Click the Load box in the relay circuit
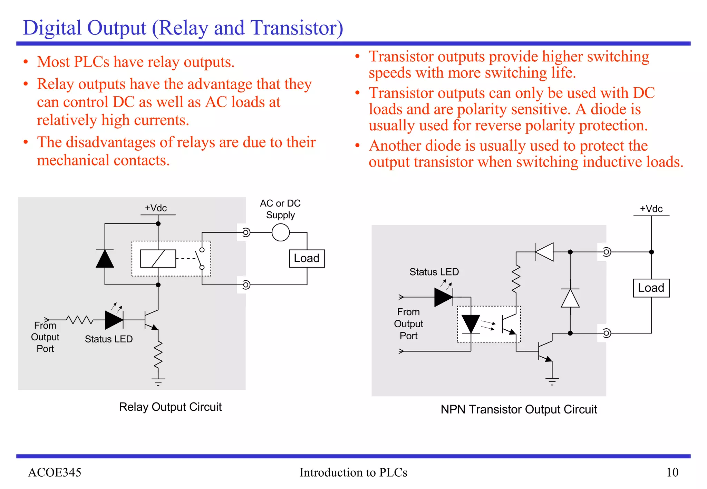tap(307, 258)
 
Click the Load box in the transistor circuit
tap(651, 288)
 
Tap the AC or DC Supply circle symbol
tap(280, 232)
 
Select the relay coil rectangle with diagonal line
tap(158, 259)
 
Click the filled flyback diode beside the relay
tap(105, 259)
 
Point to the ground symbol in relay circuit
tap(158, 381)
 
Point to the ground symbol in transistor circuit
tap(552, 381)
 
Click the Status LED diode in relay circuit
tap(114, 320)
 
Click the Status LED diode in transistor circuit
tap(444, 297)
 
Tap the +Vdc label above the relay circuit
tap(156, 208)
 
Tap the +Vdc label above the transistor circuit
tap(651, 209)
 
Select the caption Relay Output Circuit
tap(170, 407)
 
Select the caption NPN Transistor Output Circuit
tap(519, 409)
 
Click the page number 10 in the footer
tap(672, 472)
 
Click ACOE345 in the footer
tap(55, 472)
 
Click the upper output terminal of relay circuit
tap(246, 232)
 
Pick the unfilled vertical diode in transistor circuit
tap(570, 298)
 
